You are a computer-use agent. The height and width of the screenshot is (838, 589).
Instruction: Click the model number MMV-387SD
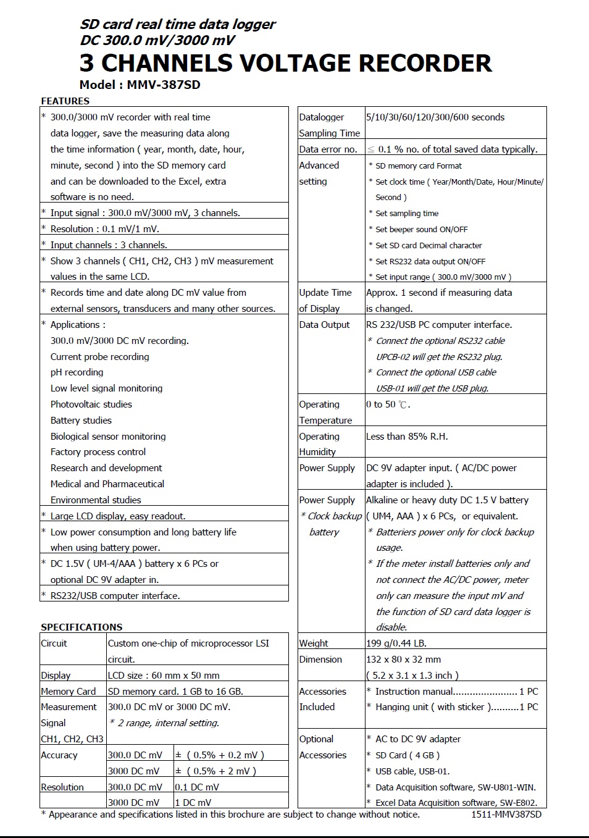(x=164, y=85)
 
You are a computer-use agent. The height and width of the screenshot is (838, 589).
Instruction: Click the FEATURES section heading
(x=65, y=101)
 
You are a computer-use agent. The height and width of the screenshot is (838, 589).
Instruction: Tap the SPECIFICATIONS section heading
(x=81, y=627)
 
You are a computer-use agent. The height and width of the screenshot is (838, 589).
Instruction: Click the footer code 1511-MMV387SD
(x=506, y=815)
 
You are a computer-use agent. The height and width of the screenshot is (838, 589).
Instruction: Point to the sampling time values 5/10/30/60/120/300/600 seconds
(x=435, y=117)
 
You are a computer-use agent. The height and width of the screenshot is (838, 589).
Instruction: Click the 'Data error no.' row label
(x=328, y=149)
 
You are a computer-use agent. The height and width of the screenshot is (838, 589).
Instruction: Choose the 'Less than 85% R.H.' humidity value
(x=407, y=437)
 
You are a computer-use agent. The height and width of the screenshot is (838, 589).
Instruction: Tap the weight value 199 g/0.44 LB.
(x=396, y=643)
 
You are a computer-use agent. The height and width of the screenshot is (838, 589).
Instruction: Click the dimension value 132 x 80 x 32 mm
(x=403, y=660)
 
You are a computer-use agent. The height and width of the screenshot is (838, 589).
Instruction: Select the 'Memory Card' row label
(x=68, y=692)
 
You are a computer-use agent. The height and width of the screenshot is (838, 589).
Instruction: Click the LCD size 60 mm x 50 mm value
(x=164, y=676)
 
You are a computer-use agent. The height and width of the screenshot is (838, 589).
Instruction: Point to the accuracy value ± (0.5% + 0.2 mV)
(x=219, y=755)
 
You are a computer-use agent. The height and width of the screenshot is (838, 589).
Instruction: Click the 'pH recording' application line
(x=77, y=372)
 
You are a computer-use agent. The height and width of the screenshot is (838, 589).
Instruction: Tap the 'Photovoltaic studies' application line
(x=91, y=404)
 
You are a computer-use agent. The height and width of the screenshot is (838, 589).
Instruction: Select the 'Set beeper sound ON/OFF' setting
(x=421, y=230)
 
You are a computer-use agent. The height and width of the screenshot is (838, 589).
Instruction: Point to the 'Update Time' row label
(x=325, y=293)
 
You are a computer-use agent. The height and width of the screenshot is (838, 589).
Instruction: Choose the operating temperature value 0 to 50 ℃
(x=388, y=404)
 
